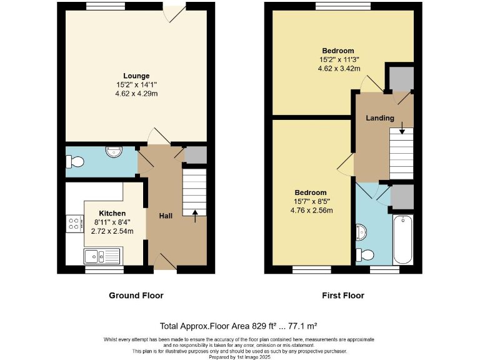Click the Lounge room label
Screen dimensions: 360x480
pos(136,76)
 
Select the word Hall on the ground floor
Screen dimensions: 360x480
pos(166,216)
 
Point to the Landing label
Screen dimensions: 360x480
pos(380,117)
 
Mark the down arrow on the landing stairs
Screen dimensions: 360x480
pos(401,131)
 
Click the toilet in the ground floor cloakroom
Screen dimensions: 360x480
pos(74,161)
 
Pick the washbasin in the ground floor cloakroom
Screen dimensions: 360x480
pos(113,152)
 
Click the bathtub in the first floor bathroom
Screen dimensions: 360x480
pos(402,239)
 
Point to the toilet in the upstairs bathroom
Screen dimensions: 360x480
pos(364,254)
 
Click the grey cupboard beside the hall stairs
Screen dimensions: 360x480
pos(196,155)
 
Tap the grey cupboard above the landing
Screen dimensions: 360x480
pos(400,77)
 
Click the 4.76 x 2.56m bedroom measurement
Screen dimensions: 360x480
pos(311,210)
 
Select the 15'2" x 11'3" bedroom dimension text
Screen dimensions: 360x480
pos(338,60)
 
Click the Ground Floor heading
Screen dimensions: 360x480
pos(136,296)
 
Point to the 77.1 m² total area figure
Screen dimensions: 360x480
pos(302,326)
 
